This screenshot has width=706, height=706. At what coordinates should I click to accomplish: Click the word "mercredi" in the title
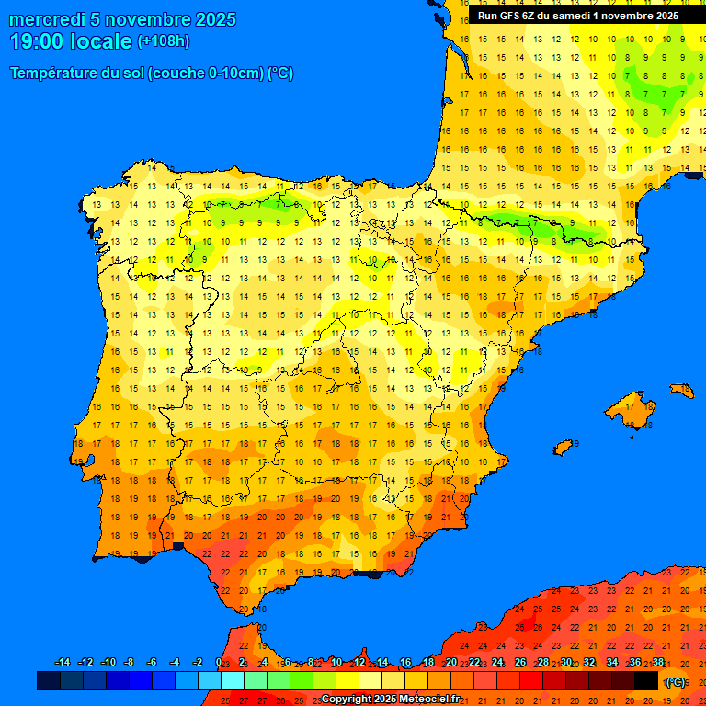click(48, 19)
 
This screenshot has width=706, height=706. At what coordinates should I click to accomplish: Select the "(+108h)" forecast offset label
click(163, 41)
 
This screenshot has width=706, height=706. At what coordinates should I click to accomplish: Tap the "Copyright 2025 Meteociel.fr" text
click(390, 699)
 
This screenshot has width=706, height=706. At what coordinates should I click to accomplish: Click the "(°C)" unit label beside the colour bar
click(676, 682)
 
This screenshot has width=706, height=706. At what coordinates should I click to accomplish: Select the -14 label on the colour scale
click(63, 663)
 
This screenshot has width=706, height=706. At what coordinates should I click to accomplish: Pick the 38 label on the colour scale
click(658, 663)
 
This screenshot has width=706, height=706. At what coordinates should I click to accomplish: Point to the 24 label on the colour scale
click(497, 663)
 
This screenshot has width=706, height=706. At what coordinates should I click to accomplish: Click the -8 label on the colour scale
click(130, 663)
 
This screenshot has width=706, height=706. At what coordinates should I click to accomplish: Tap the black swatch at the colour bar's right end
click(646, 681)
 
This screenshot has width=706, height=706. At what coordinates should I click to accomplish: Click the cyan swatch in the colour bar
click(233, 681)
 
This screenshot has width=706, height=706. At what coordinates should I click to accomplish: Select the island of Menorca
click(682, 390)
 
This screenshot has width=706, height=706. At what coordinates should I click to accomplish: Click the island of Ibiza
click(563, 447)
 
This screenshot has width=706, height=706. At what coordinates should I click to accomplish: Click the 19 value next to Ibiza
click(576, 443)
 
